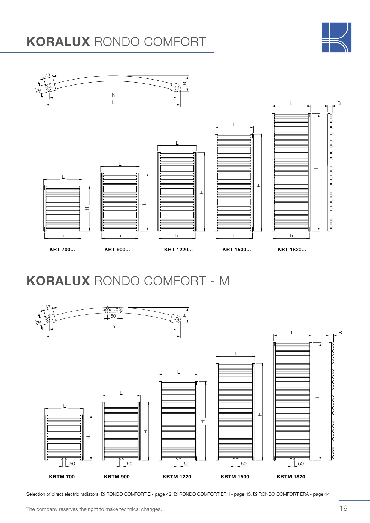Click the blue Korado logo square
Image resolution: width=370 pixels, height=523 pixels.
[x=336, y=37]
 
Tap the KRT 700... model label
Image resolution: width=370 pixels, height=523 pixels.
[x=62, y=250]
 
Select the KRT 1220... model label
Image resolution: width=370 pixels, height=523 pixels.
[x=178, y=250]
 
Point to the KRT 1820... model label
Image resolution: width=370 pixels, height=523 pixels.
[x=292, y=250]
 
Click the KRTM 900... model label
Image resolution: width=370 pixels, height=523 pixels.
[x=119, y=477]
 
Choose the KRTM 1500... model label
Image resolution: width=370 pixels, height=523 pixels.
[x=237, y=477]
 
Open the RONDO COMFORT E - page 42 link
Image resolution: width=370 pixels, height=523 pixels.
[x=139, y=494]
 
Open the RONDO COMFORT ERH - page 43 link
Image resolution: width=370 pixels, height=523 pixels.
[x=215, y=494]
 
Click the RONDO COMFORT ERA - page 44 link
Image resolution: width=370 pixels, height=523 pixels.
[x=294, y=494]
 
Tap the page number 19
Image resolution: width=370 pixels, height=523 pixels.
[x=344, y=508]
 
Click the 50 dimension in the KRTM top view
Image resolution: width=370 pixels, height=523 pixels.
[x=113, y=316]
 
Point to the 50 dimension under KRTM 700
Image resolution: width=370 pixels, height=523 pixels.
[x=72, y=464]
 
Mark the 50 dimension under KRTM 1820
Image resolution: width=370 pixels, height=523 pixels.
[x=301, y=464]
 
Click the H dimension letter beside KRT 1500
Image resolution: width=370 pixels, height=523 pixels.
[x=259, y=185]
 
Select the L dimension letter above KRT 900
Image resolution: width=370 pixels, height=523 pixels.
[x=120, y=164]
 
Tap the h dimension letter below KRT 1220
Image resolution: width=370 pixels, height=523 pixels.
[x=177, y=236]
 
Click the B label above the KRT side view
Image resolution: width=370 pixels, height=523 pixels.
[x=339, y=103]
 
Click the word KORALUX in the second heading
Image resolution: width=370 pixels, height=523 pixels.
[x=58, y=281]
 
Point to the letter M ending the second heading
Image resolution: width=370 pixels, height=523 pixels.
[x=224, y=281]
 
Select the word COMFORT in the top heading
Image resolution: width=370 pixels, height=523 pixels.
[x=175, y=42]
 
